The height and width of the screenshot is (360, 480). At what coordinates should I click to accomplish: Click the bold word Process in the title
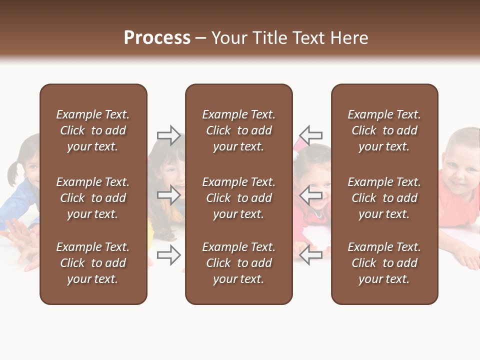point(157,38)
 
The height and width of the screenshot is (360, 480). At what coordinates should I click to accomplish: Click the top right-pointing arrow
point(168,135)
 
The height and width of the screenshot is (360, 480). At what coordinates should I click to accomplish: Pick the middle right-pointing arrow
point(168,195)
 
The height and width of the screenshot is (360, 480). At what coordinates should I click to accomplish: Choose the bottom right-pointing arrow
point(168,255)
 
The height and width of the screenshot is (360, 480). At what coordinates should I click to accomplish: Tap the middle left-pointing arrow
point(311,195)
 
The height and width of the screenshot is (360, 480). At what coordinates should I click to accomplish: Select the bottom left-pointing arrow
point(311,255)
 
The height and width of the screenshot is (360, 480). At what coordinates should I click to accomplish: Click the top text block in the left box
point(93,130)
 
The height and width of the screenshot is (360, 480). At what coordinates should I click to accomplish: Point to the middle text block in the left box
point(93,198)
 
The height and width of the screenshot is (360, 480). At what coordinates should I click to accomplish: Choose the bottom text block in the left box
point(93,263)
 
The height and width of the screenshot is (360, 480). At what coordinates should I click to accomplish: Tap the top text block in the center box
point(238,130)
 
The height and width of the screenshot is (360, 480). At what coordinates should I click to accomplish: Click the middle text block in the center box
point(238,198)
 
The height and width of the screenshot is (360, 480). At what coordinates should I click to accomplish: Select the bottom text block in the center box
point(238,263)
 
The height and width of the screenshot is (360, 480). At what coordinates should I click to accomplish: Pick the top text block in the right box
point(384,130)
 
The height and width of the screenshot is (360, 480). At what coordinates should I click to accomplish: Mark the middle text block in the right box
point(384,198)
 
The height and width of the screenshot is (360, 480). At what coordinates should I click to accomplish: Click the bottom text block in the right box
point(384,263)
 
